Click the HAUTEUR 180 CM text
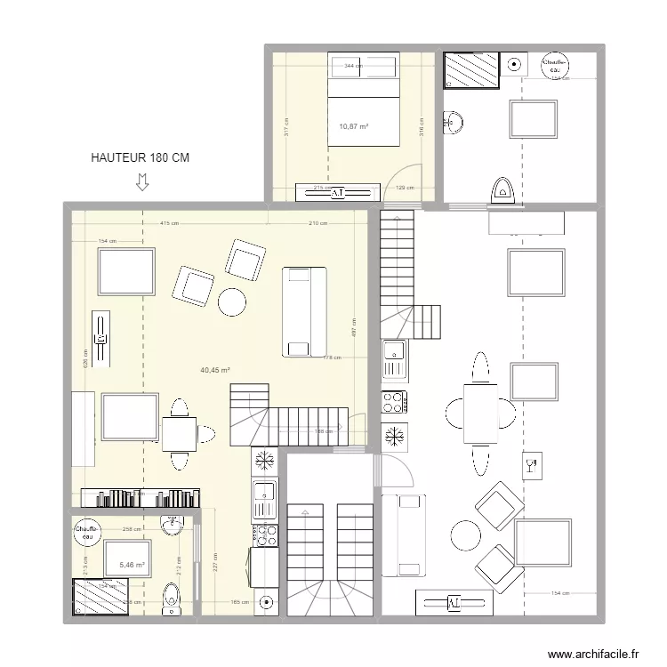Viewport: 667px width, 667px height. (141, 157)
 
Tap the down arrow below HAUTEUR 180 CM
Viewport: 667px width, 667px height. (141, 182)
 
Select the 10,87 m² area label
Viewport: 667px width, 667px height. (354, 125)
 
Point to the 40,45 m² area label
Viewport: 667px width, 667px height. (215, 370)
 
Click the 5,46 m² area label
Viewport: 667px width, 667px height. (132, 564)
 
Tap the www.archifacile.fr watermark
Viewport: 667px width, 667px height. (594, 654)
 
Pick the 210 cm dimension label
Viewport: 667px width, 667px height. (317, 223)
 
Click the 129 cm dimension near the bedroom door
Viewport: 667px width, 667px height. (405, 188)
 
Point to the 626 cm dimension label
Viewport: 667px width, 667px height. (86, 357)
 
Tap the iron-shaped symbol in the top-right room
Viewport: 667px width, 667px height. (500, 190)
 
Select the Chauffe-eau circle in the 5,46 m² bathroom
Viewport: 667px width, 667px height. (86, 532)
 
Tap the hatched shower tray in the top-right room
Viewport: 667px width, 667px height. (471, 70)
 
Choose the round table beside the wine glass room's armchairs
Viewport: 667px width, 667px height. (466, 534)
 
